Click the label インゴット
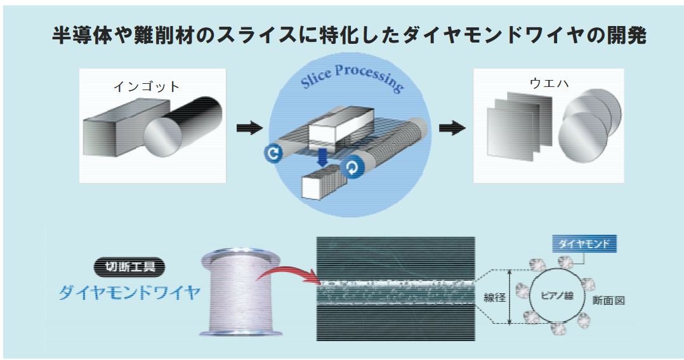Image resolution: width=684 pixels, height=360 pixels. click(x=147, y=87)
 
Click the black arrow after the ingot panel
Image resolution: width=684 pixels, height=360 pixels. click(x=249, y=128)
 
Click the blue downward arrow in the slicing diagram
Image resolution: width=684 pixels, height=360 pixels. click(x=324, y=157)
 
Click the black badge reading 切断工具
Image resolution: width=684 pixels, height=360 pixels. click(x=129, y=267)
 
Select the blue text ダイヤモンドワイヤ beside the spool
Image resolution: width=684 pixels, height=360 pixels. click(x=129, y=293)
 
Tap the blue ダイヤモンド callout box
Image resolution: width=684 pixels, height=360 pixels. click(x=583, y=244)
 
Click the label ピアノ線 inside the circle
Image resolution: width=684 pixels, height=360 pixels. click(x=556, y=296)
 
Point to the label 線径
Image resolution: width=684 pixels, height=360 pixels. click(x=495, y=297)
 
